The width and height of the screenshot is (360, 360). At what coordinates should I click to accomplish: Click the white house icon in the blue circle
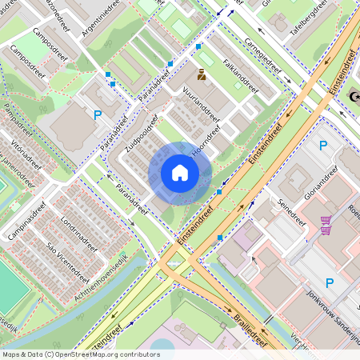(x=180, y=173)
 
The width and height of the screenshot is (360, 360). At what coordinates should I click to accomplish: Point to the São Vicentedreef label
(x=67, y=256)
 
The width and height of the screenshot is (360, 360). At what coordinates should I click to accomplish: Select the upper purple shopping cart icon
(x=326, y=220)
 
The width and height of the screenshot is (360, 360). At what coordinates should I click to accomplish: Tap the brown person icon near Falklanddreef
(x=202, y=75)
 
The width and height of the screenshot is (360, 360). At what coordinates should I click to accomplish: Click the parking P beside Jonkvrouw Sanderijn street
(x=329, y=282)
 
